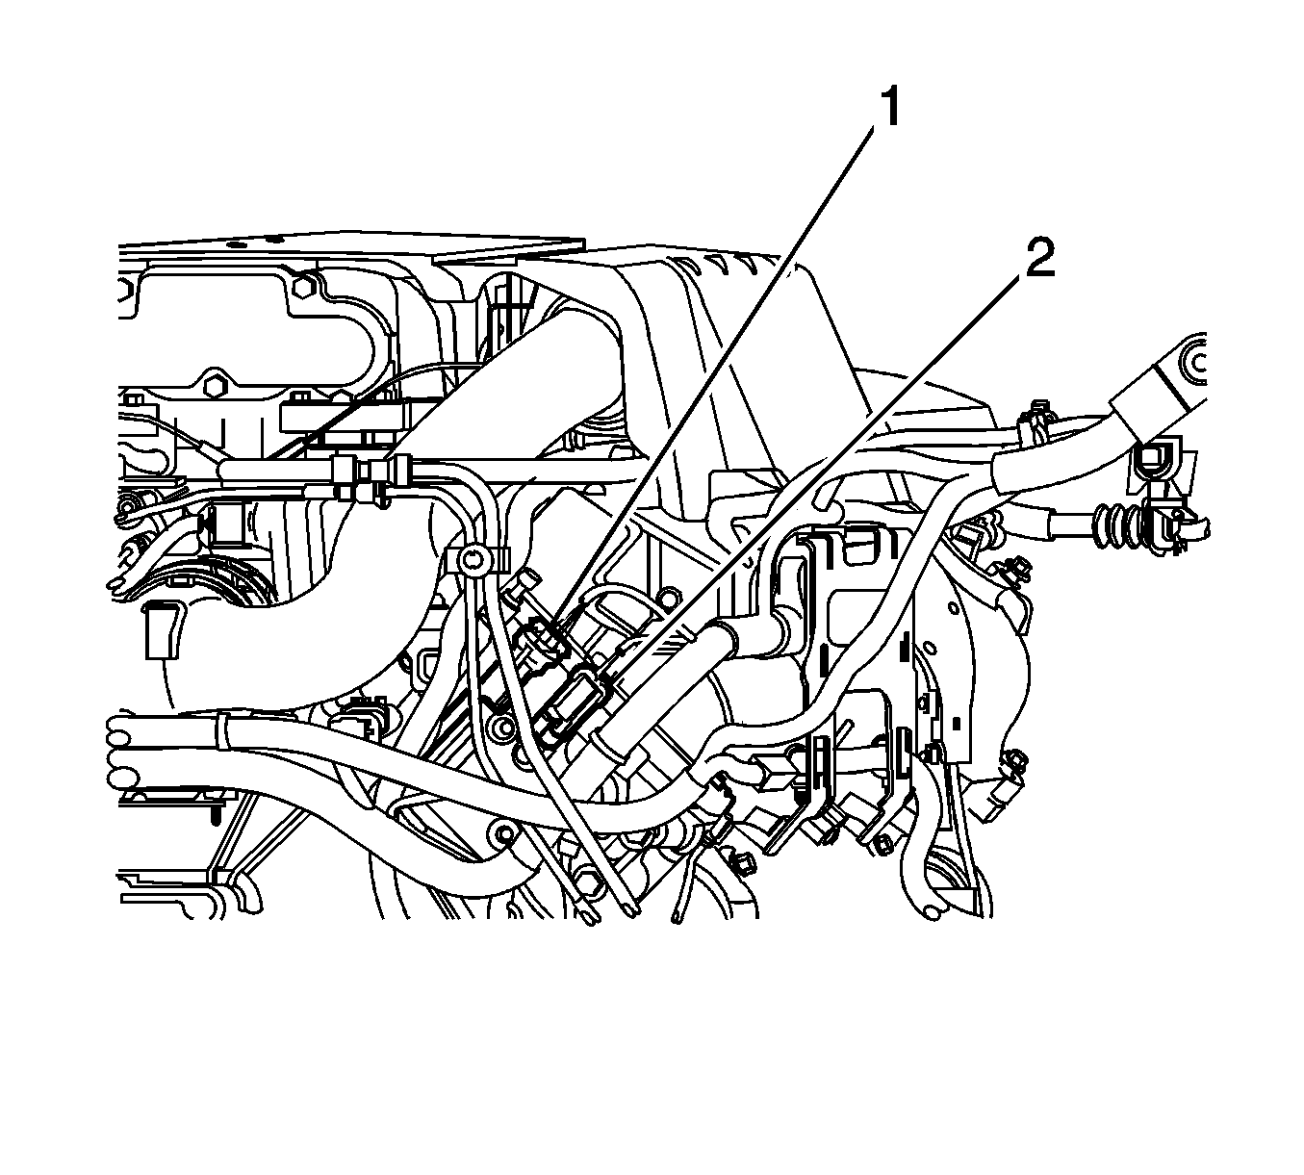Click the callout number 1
890,108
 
